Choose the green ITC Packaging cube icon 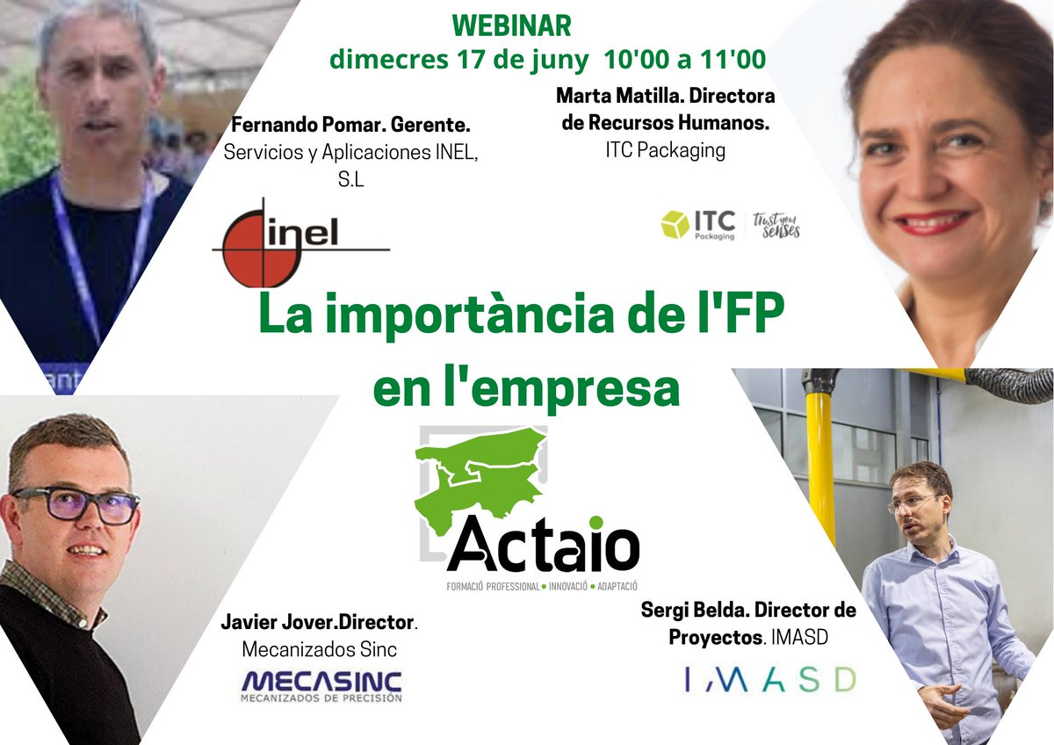tap(675, 225)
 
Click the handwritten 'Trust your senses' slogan tap(776, 226)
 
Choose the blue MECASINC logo tap(321, 684)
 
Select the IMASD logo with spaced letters tap(769, 678)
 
